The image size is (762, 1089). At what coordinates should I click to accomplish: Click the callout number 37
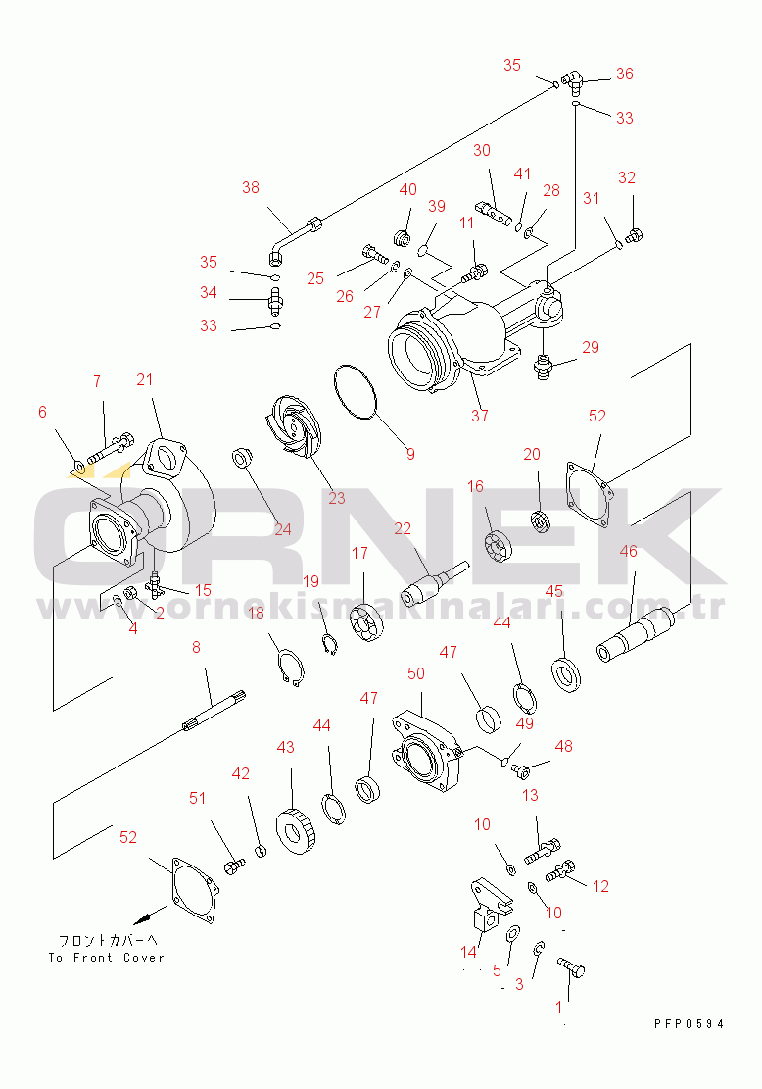pos(480,416)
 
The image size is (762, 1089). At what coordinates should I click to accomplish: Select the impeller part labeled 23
pos(292,427)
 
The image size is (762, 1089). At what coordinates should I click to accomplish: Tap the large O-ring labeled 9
pos(355,392)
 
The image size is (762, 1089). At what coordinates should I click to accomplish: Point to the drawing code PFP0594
pos(690,1023)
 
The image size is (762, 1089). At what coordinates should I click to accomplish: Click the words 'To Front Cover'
pos(106,957)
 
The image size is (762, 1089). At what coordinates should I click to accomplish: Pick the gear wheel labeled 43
pos(296,830)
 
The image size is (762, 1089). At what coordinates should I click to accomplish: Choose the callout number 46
pos(628,552)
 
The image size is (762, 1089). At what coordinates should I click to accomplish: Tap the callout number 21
pos(144,380)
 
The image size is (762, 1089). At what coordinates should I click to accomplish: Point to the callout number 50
pos(415,673)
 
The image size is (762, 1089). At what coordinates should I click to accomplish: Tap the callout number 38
pos(251,187)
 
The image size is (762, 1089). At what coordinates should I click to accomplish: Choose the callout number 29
pos(590,347)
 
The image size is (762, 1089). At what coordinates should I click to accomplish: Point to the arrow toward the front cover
pos(151,915)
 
